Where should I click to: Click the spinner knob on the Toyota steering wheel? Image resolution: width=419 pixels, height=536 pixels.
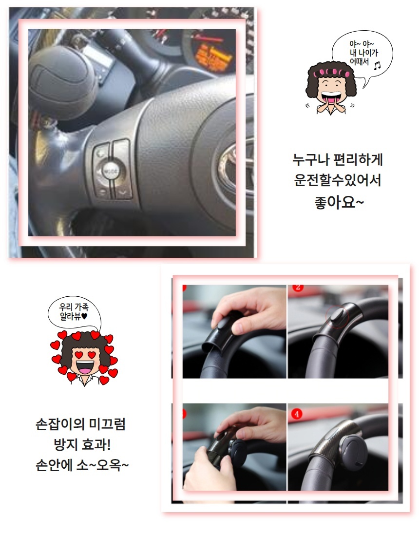(x=57, y=82)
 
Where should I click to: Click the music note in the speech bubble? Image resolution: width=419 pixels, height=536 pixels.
(x=377, y=65)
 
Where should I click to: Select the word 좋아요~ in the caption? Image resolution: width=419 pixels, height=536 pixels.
(x=339, y=202)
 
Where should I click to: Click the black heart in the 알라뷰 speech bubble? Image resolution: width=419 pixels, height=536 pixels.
(x=84, y=317)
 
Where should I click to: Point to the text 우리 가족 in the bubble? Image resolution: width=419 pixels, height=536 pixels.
(x=74, y=307)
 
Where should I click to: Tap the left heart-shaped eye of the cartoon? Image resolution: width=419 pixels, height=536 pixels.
(x=79, y=355)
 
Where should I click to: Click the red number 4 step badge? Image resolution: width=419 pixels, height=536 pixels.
(x=296, y=414)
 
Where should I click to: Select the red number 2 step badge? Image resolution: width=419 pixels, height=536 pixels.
(x=298, y=287)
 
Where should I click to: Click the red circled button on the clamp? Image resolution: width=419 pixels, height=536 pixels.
(x=337, y=316)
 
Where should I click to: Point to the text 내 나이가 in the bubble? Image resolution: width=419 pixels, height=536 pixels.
(x=363, y=53)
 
